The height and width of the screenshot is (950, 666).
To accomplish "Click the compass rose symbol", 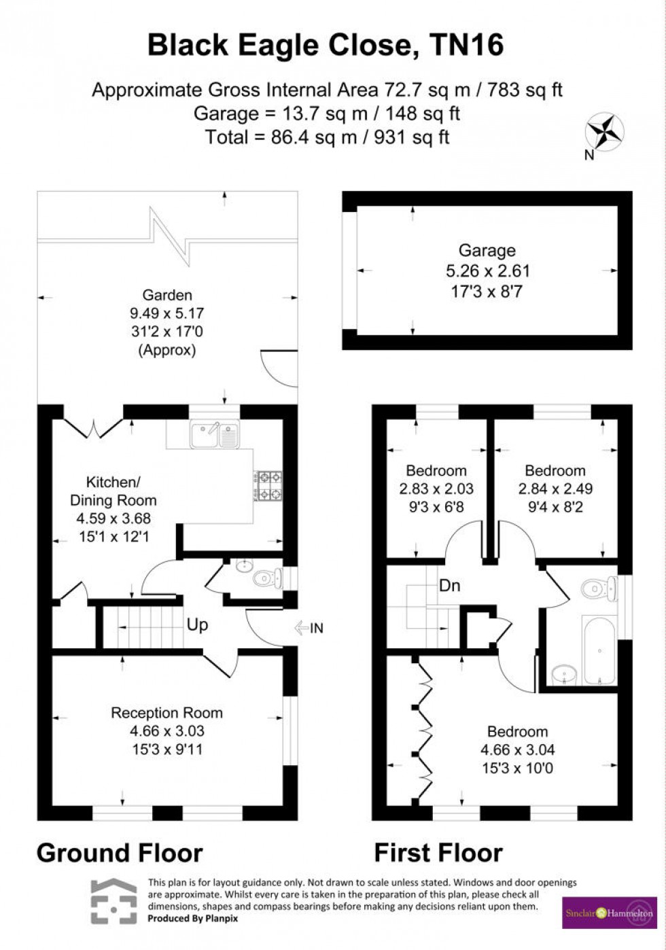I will [x=605, y=131].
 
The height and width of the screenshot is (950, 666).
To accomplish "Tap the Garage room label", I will [x=487, y=251].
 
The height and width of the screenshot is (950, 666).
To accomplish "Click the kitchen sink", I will [x=215, y=435].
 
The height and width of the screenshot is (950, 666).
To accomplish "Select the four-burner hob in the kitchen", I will [x=268, y=485].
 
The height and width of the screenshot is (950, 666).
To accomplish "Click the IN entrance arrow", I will [x=309, y=629].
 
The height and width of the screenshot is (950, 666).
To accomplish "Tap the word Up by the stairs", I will [x=197, y=624].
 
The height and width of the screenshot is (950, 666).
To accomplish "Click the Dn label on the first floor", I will [x=449, y=584].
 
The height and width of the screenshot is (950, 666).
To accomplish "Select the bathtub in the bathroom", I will [x=599, y=650].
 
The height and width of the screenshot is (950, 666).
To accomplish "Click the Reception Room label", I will [x=166, y=713].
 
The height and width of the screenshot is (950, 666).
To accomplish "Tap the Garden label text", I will [x=166, y=295].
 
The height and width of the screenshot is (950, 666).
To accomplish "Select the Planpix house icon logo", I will [x=113, y=901].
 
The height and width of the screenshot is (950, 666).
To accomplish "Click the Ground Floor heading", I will [x=120, y=853].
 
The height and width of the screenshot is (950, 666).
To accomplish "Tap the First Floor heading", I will [x=438, y=853].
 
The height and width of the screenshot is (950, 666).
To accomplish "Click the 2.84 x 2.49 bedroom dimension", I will [x=555, y=489].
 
